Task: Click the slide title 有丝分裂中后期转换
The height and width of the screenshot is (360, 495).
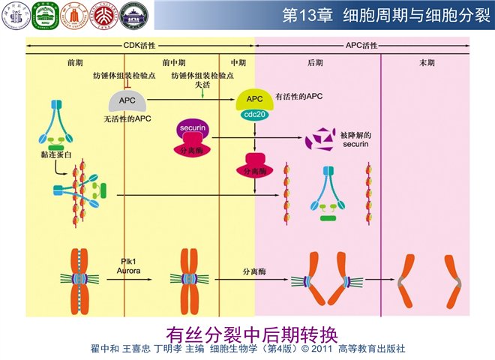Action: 247,331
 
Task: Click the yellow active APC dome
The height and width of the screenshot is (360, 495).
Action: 255,99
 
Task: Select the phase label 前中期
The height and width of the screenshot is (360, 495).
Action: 172,63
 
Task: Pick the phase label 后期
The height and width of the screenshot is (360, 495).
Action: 315,63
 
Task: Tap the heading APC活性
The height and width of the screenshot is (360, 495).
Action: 361,45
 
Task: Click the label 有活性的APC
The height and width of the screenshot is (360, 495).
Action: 299,97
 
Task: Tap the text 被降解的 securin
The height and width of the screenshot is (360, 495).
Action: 356,140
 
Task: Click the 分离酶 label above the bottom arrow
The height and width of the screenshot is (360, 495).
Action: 256,270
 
